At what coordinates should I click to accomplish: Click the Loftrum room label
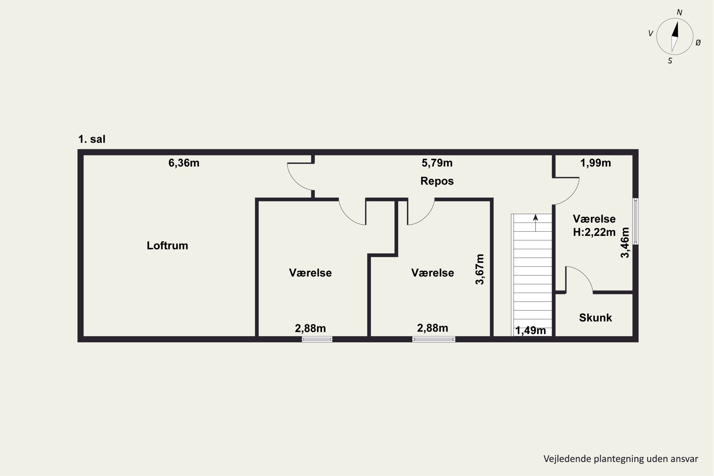[x=167, y=246]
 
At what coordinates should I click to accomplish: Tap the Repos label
[x=437, y=181]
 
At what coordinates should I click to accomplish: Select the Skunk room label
[x=595, y=318]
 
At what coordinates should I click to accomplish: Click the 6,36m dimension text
[x=184, y=163]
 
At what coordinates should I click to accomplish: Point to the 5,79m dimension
[x=437, y=163]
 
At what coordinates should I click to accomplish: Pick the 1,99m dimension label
[x=595, y=163]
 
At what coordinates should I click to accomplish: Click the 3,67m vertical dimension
[x=480, y=269]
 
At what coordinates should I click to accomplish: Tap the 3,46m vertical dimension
[x=625, y=243]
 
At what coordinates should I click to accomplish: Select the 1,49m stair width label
[x=530, y=330]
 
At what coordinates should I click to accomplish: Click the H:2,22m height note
[x=594, y=232]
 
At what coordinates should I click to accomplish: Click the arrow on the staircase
[x=535, y=223]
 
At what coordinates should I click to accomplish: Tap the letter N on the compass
[x=679, y=12]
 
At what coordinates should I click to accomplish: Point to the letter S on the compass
[x=670, y=61]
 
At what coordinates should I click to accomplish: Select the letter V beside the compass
[x=650, y=33]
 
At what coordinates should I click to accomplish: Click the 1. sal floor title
[x=92, y=139]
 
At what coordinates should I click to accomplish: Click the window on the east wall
[x=635, y=221]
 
